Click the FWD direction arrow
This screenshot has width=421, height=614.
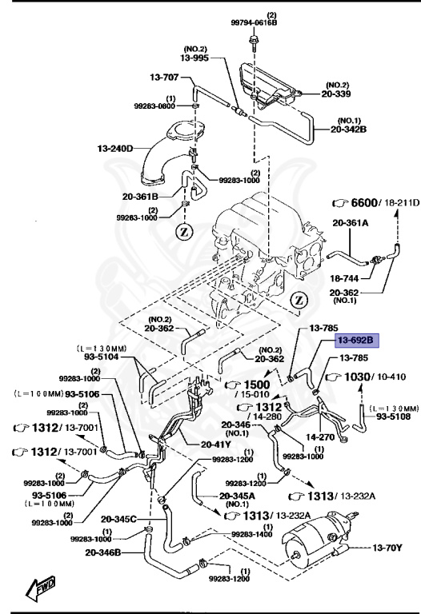(38, 589)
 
